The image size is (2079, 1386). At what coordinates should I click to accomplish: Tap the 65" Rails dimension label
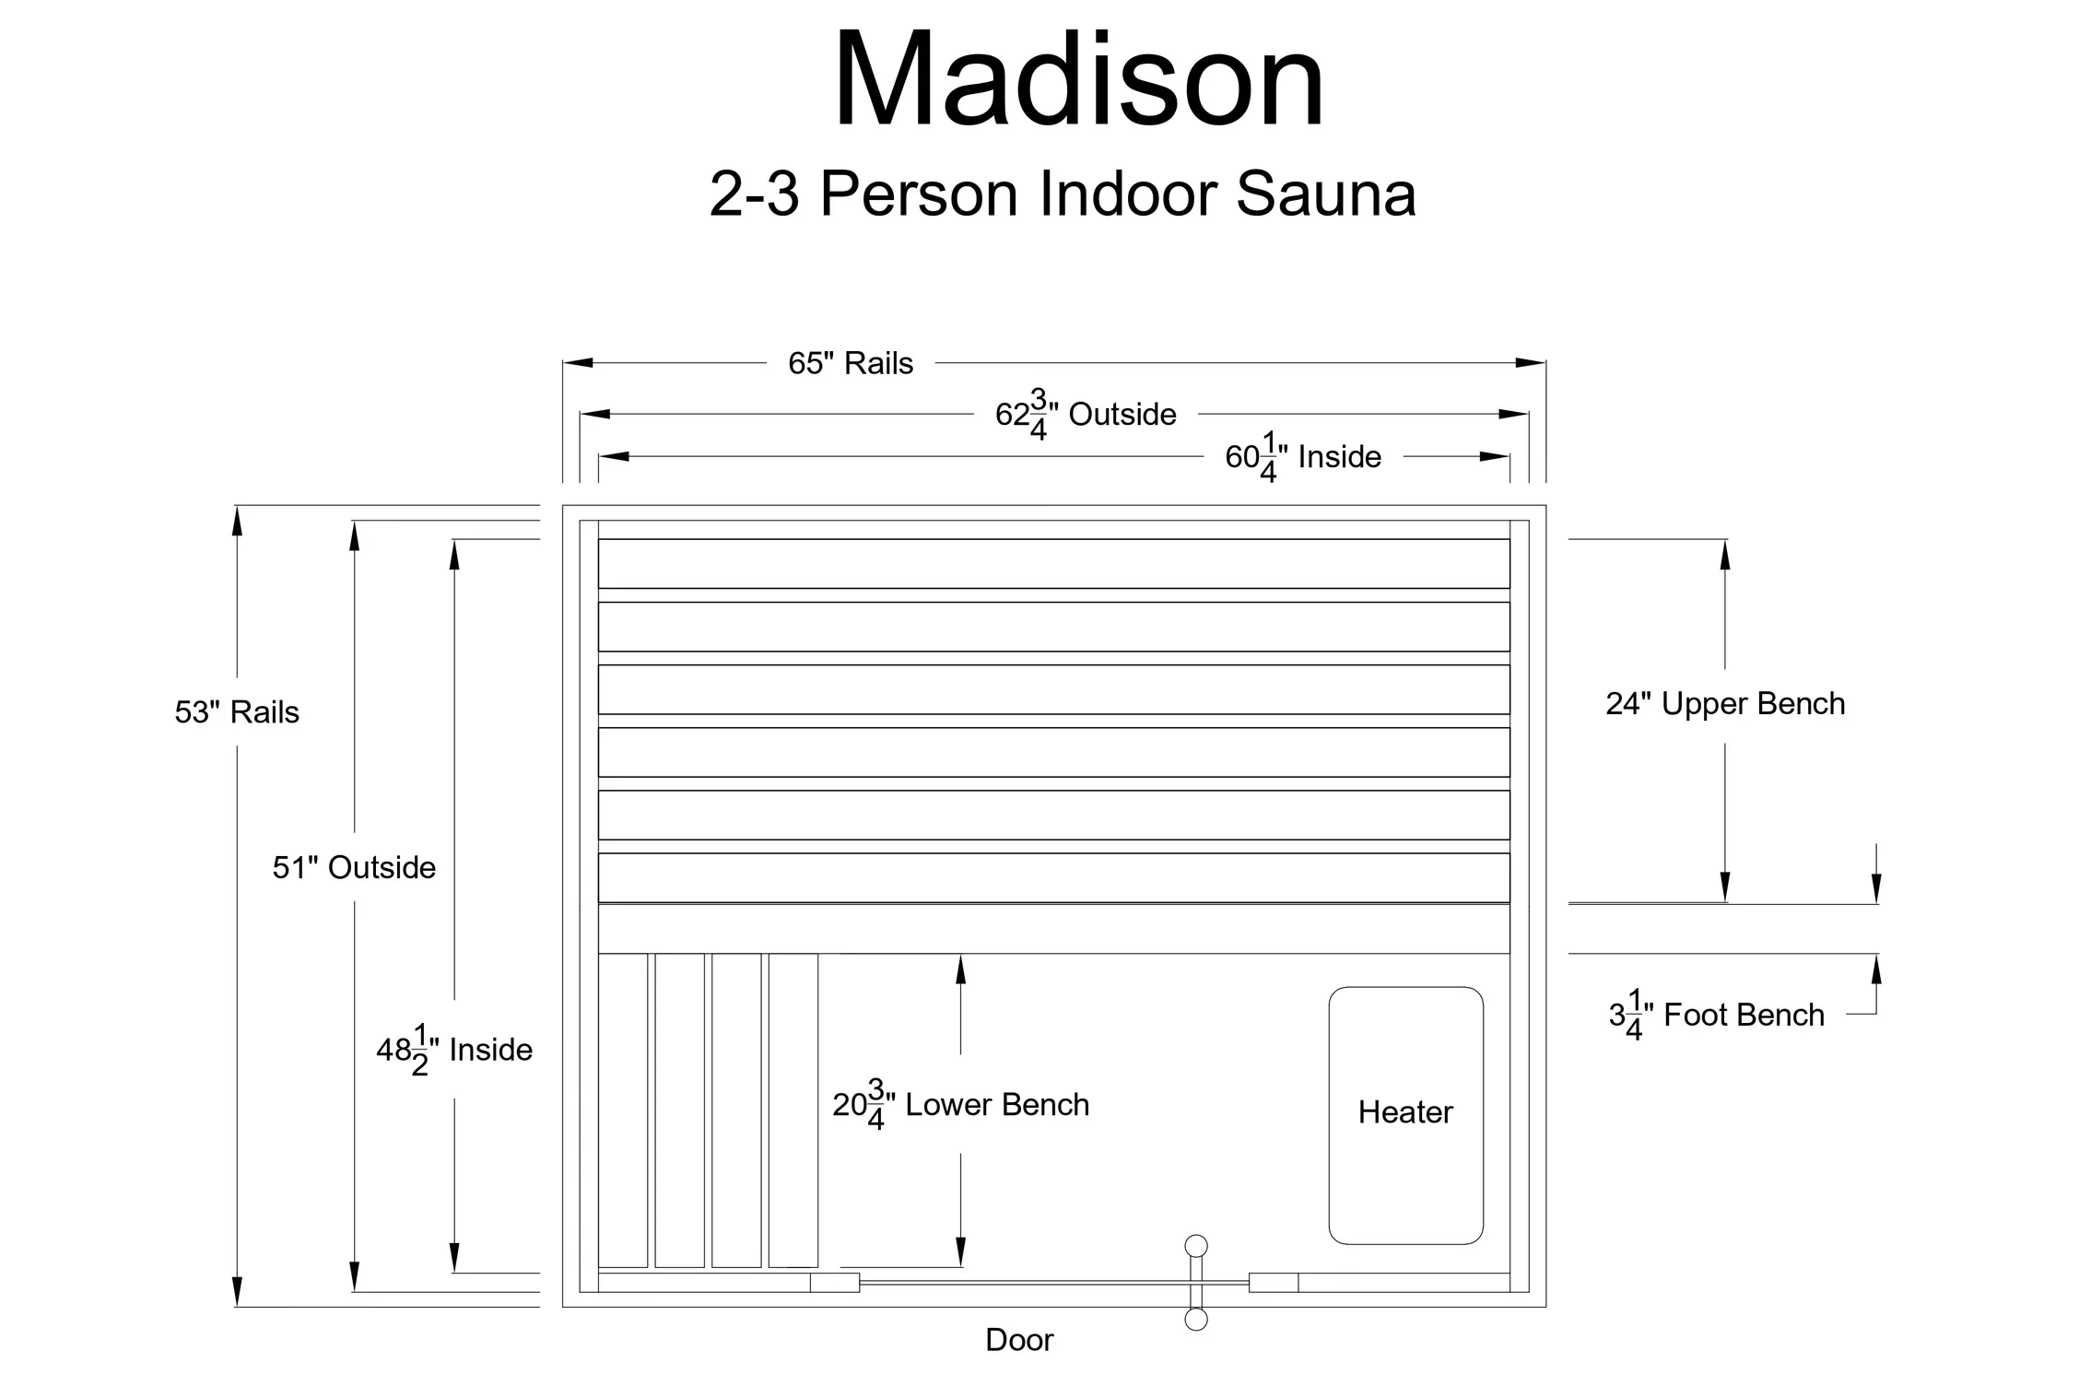point(851,363)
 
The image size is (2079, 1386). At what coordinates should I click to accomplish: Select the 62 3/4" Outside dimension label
point(1086,415)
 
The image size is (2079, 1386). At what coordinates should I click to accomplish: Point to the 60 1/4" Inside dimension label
point(1303,457)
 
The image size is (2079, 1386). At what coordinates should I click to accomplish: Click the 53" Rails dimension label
point(237,712)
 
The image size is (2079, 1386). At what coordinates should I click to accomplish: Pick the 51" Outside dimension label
point(354,867)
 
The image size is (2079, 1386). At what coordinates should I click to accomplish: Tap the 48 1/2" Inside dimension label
point(454,1050)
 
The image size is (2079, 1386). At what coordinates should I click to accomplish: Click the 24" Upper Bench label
point(1725,704)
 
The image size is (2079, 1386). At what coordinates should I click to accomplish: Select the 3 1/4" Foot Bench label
point(1716,1016)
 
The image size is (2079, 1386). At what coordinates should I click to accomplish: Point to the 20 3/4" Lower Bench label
point(960,1105)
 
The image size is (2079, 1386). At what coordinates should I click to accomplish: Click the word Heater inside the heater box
point(1405,1112)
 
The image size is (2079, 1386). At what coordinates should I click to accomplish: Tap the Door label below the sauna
point(1019,1340)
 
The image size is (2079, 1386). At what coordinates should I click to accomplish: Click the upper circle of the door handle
point(1196,1246)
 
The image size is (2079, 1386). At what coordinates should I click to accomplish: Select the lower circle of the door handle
point(1196,1320)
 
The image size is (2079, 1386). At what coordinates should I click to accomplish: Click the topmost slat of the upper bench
point(1053,564)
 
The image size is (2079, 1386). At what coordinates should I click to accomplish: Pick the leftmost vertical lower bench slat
point(623,1110)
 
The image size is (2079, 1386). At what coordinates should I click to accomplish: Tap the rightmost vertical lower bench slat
point(793,1110)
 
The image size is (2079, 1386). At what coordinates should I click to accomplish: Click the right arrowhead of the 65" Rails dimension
point(1531,363)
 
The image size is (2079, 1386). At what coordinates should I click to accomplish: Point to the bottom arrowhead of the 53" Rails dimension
point(237,1292)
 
